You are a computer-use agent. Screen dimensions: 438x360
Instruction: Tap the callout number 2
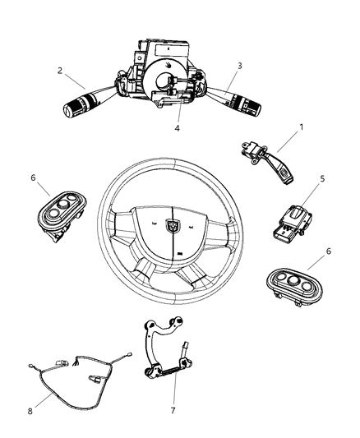pos(61,70)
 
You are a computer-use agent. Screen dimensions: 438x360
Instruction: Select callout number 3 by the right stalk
pos(239,65)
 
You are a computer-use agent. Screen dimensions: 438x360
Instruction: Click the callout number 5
pos(323,200)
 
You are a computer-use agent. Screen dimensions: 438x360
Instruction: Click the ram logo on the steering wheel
pos(174,222)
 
